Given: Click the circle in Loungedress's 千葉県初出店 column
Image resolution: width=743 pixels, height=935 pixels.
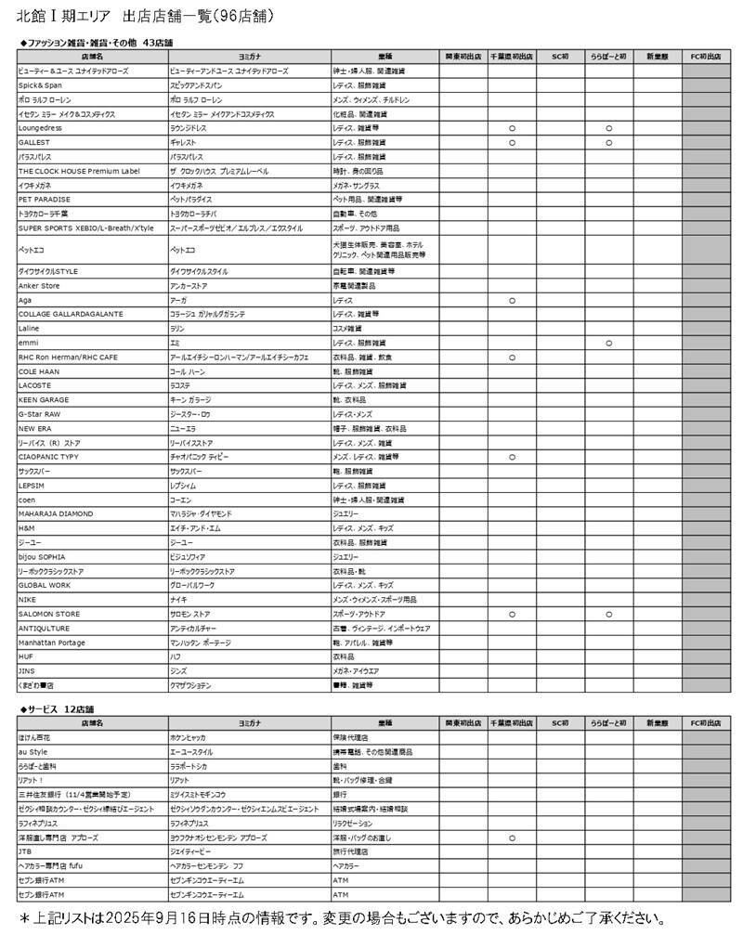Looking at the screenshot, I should coord(512,127).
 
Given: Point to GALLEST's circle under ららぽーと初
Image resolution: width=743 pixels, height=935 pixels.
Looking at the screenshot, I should coord(609,142).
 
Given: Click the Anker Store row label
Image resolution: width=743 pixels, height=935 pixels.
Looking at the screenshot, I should coord(39,286).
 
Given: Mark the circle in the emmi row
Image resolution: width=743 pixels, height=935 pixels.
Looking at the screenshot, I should coord(609,343).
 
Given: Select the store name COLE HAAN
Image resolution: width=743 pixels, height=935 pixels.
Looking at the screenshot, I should coord(39,371).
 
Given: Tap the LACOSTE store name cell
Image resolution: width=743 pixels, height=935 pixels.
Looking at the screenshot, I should coord(34,385).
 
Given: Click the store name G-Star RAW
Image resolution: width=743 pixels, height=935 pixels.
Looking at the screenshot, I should coord(39,414).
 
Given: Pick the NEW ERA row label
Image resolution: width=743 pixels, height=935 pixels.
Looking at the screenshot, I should coord(35,428).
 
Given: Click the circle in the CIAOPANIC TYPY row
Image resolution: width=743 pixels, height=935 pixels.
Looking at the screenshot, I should coord(512,457).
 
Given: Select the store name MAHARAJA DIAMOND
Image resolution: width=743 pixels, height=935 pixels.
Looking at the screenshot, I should coord(55,513).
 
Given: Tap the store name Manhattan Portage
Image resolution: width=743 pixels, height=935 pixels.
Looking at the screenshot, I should coord(52,643).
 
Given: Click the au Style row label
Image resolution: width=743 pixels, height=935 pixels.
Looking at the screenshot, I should coord(33,751).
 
